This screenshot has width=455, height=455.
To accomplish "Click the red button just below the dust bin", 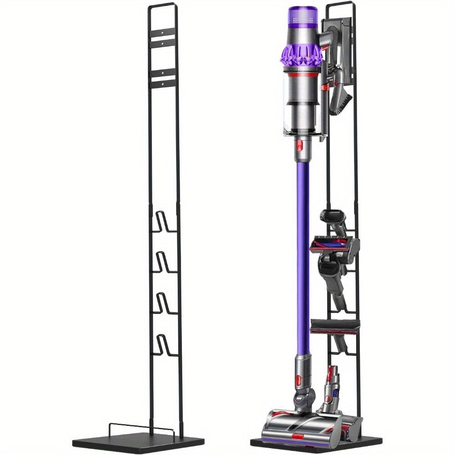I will coord(300,146).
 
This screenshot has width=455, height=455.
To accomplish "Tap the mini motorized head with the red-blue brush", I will coord(334,246).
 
